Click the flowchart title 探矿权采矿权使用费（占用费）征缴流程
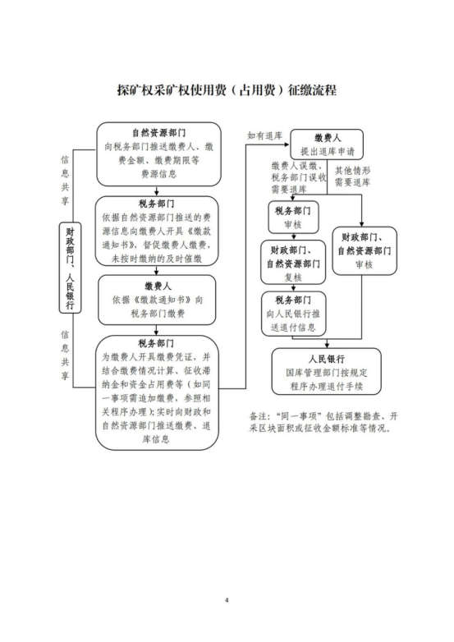tap(227, 90)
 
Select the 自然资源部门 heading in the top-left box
tap(158, 133)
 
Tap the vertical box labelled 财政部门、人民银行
tap(70, 268)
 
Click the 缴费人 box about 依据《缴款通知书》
tap(157, 300)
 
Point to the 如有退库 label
tap(265, 135)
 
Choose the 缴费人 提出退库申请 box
tap(327, 144)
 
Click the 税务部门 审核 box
tap(293, 217)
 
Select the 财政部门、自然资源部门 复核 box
tap(293, 262)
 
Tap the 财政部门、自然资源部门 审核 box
tap(365, 250)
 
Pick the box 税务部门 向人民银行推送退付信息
tap(294, 314)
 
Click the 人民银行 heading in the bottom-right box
tap(327, 359)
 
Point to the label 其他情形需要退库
tap(352, 177)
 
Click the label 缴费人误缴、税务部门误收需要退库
tap(299, 177)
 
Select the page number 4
tap(227, 600)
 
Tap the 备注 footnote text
tap(323, 423)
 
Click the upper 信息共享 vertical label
tap(65, 180)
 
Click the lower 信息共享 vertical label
tap(65, 355)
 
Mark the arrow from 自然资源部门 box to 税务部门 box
tap(156, 190)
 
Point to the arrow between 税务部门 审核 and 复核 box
tap(294, 236)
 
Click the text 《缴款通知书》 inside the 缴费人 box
tap(163, 300)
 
